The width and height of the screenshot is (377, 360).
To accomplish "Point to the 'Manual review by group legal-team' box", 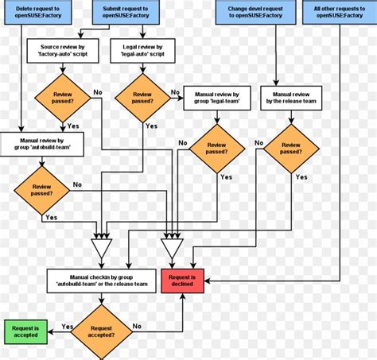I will [x=216, y=98].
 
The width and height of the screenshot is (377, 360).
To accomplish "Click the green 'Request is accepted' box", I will [x=25, y=331].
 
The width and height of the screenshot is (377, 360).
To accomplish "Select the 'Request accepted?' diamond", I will [x=101, y=331].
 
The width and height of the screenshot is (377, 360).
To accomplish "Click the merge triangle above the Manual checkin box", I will [x=102, y=249].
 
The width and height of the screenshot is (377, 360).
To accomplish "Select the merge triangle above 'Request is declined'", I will [x=172, y=249].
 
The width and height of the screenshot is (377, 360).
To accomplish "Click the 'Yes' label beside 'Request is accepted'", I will [x=67, y=327].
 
